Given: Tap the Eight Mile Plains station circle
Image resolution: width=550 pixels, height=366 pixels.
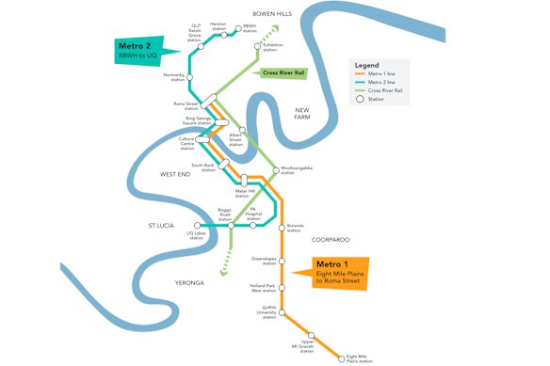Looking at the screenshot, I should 341,358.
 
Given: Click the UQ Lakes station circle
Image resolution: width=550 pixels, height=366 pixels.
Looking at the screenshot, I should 197,226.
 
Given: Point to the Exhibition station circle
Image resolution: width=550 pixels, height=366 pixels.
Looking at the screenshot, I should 256,45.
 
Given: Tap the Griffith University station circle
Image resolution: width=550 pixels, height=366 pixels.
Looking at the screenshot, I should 283,307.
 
